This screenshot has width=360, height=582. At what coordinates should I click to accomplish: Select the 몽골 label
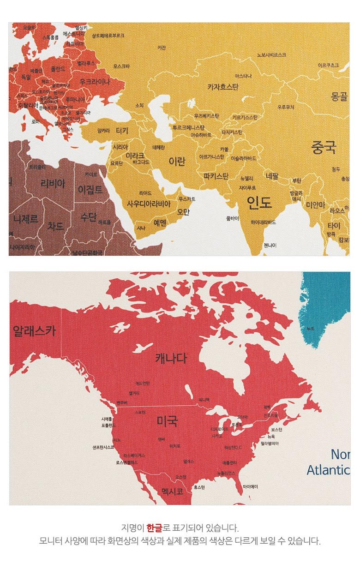339,96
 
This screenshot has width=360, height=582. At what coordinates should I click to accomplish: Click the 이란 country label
177,162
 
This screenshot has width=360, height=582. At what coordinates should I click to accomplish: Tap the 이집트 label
90,189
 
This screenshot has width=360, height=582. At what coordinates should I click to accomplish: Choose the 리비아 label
53,184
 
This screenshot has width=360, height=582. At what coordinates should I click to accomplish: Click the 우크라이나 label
95,82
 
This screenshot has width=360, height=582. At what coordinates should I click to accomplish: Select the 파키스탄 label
216,176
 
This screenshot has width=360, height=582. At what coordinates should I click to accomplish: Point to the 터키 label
122,130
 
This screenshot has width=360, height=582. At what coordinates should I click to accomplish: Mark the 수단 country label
88,216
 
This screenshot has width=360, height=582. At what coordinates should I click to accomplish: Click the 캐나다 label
171,358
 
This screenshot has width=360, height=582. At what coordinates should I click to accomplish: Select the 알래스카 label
34,330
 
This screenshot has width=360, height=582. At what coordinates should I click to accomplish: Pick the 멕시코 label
173,491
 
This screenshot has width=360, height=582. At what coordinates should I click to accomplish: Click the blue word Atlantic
328,470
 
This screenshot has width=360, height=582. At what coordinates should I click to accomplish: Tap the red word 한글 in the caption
154,528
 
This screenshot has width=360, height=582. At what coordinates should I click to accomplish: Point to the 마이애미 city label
250,486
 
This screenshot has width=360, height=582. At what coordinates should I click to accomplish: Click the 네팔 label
272,176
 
